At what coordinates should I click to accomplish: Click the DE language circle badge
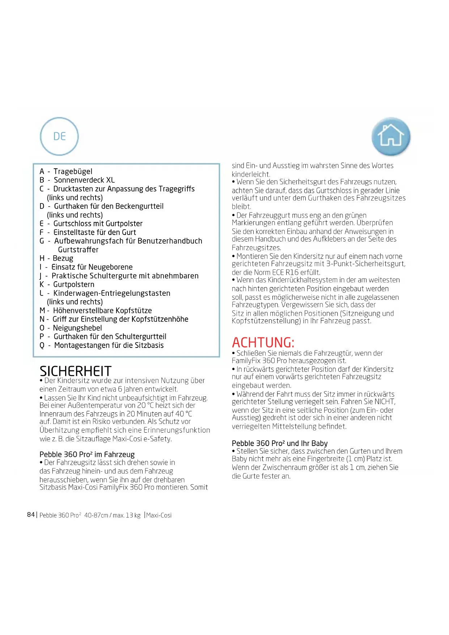(x=59, y=136)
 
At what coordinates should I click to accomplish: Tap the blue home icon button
(x=391, y=136)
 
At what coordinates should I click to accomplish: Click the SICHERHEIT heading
(x=75, y=371)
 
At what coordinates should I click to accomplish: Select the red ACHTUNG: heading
(x=263, y=342)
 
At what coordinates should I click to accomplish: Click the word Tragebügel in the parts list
(x=73, y=172)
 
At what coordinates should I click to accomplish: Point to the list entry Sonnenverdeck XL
(x=84, y=180)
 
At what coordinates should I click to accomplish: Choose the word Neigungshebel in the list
(x=77, y=328)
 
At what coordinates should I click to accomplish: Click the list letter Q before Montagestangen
(x=42, y=346)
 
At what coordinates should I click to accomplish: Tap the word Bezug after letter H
(x=63, y=258)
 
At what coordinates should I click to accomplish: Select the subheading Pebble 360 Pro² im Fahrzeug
(x=87, y=454)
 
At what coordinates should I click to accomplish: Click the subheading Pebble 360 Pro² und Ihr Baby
(x=279, y=443)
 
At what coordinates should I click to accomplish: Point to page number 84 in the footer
(x=31, y=514)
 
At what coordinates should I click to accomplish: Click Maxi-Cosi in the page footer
(x=159, y=515)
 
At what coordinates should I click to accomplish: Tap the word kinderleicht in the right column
(x=250, y=174)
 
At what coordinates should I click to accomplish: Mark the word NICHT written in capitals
(x=385, y=401)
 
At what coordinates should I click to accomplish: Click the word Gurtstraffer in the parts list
(x=78, y=250)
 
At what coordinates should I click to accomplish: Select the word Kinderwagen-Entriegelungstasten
(x=112, y=293)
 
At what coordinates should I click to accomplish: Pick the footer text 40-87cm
(x=96, y=515)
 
